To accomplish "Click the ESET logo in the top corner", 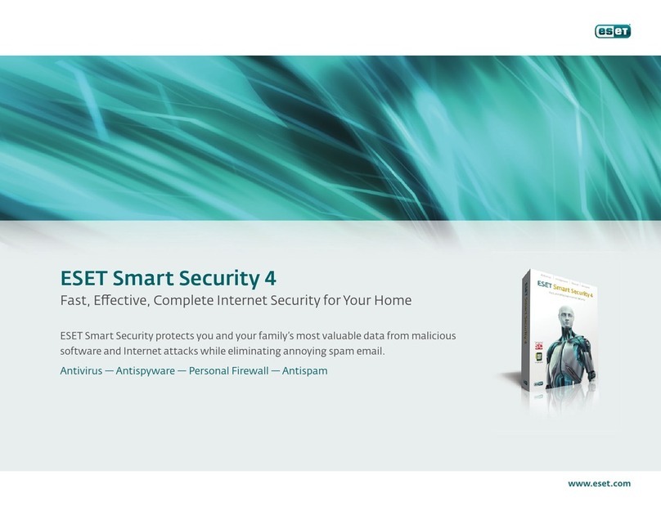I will [x=613, y=31].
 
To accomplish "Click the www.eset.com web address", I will [x=599, y=483].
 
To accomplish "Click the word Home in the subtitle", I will [x=393, y=300].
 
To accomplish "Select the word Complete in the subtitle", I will [x=183, y=300].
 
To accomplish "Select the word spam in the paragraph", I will [x=342, y=352].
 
